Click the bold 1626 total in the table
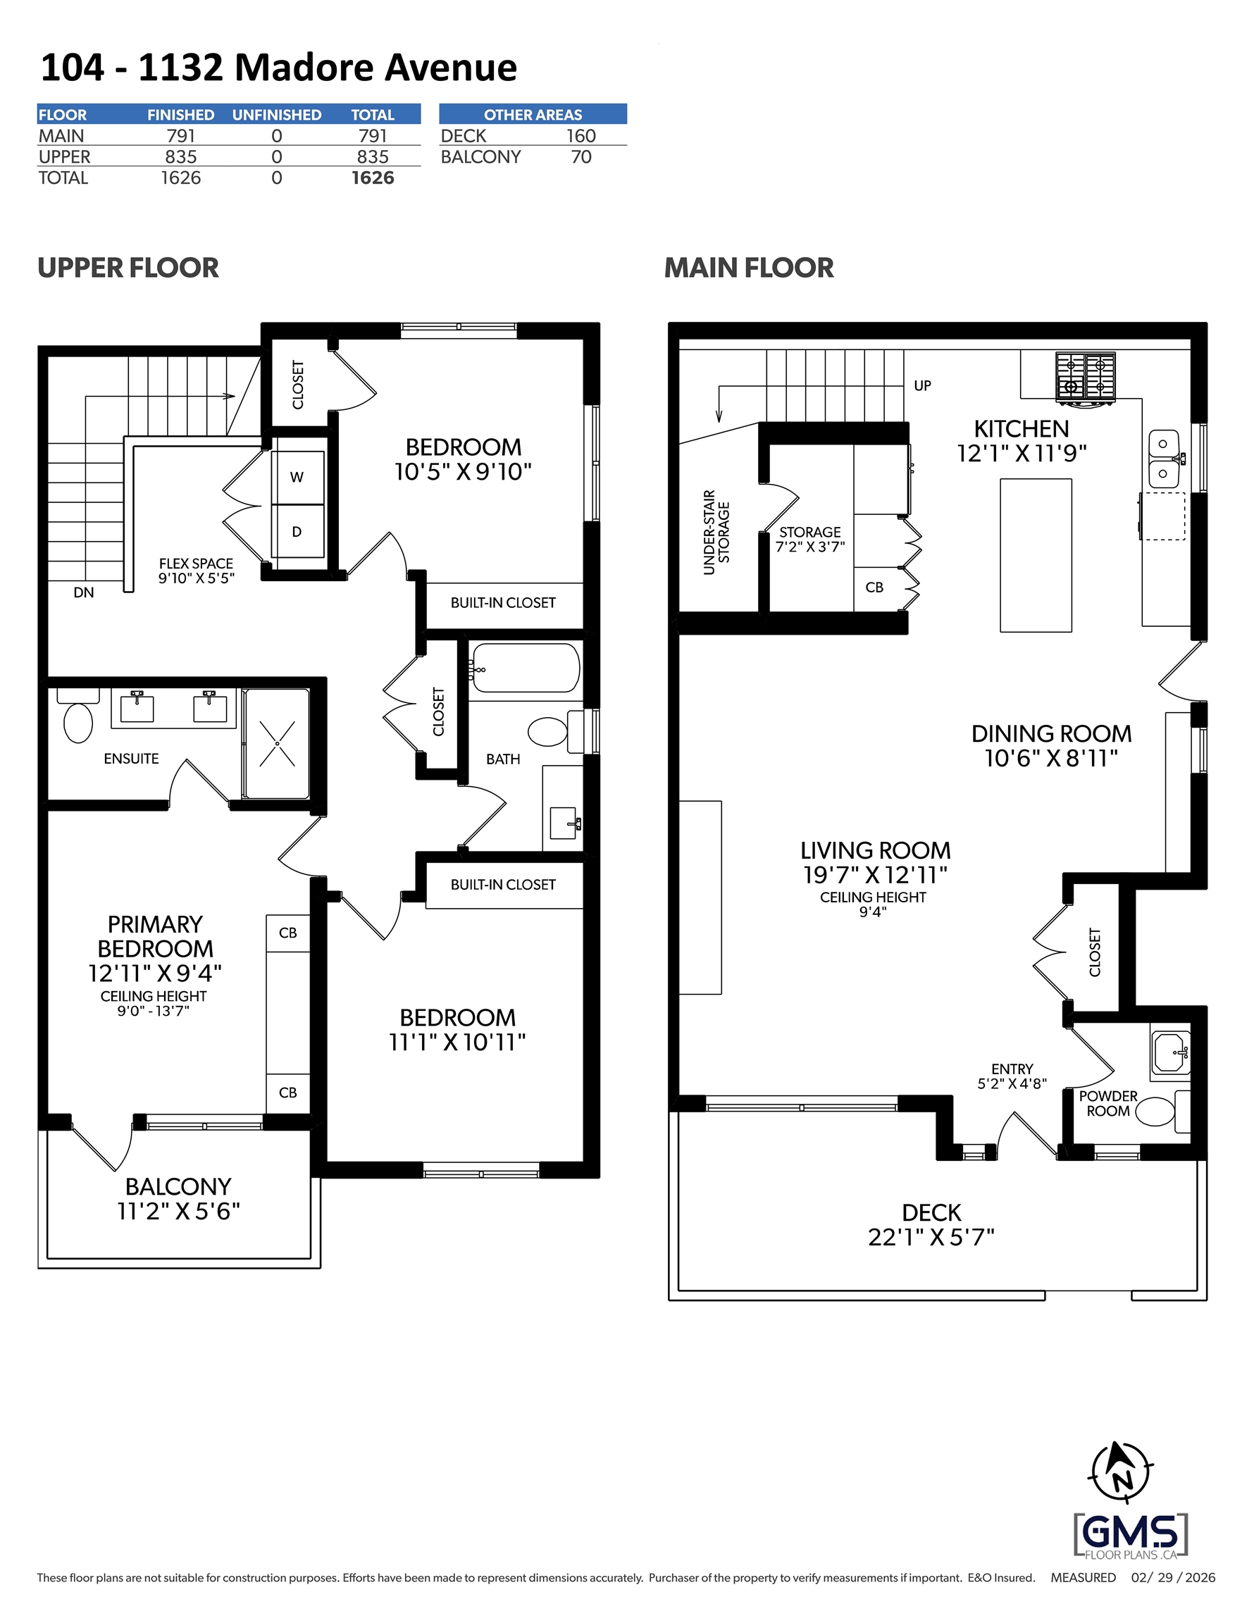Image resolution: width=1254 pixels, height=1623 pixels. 373,178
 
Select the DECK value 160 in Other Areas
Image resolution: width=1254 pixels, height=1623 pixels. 581,136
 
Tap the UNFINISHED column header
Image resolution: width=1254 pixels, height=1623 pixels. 277,114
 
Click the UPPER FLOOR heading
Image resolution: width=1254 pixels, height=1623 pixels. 128,268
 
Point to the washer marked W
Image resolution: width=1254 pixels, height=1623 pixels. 297,477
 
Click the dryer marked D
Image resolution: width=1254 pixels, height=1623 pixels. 297,531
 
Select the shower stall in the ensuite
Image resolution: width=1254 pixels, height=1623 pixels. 277,743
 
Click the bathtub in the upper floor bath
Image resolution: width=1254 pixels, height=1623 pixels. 526,668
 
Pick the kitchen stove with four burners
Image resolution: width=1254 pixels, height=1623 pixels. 1085,378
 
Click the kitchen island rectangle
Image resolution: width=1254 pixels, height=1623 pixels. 1036,555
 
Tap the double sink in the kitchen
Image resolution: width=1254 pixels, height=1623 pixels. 1163,457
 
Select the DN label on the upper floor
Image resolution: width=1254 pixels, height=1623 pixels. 84,592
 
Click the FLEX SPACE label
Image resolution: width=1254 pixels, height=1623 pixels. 197,564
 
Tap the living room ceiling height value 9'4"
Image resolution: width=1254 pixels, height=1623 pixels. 873,912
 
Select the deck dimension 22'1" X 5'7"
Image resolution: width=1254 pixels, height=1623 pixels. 931,1236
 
